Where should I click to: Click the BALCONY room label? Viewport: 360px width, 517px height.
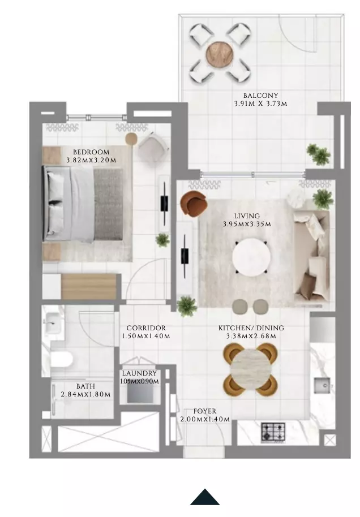click(260, 96)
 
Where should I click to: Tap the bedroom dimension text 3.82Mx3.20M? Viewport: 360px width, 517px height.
click(91, 161)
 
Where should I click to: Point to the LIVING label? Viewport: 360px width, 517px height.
click(247, 216)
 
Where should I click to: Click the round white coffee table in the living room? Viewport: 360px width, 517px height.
click(251, 256)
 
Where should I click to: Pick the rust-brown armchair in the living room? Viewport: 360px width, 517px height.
click(194, 204)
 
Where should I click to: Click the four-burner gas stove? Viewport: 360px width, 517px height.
click(273, 432)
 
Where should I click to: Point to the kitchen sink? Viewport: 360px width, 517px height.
click(322, 385)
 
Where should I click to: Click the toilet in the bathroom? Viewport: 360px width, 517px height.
click(61, 359)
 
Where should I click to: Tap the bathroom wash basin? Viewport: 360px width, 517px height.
click(52, 323)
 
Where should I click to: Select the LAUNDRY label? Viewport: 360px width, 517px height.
click(139, 373)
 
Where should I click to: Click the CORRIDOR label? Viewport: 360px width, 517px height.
click(146, 328)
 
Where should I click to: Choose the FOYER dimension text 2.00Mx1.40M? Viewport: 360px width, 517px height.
click(205, 419)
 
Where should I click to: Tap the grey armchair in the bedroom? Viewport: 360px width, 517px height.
click(152, 147)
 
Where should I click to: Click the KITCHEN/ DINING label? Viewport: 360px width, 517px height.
click(251, 328)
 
